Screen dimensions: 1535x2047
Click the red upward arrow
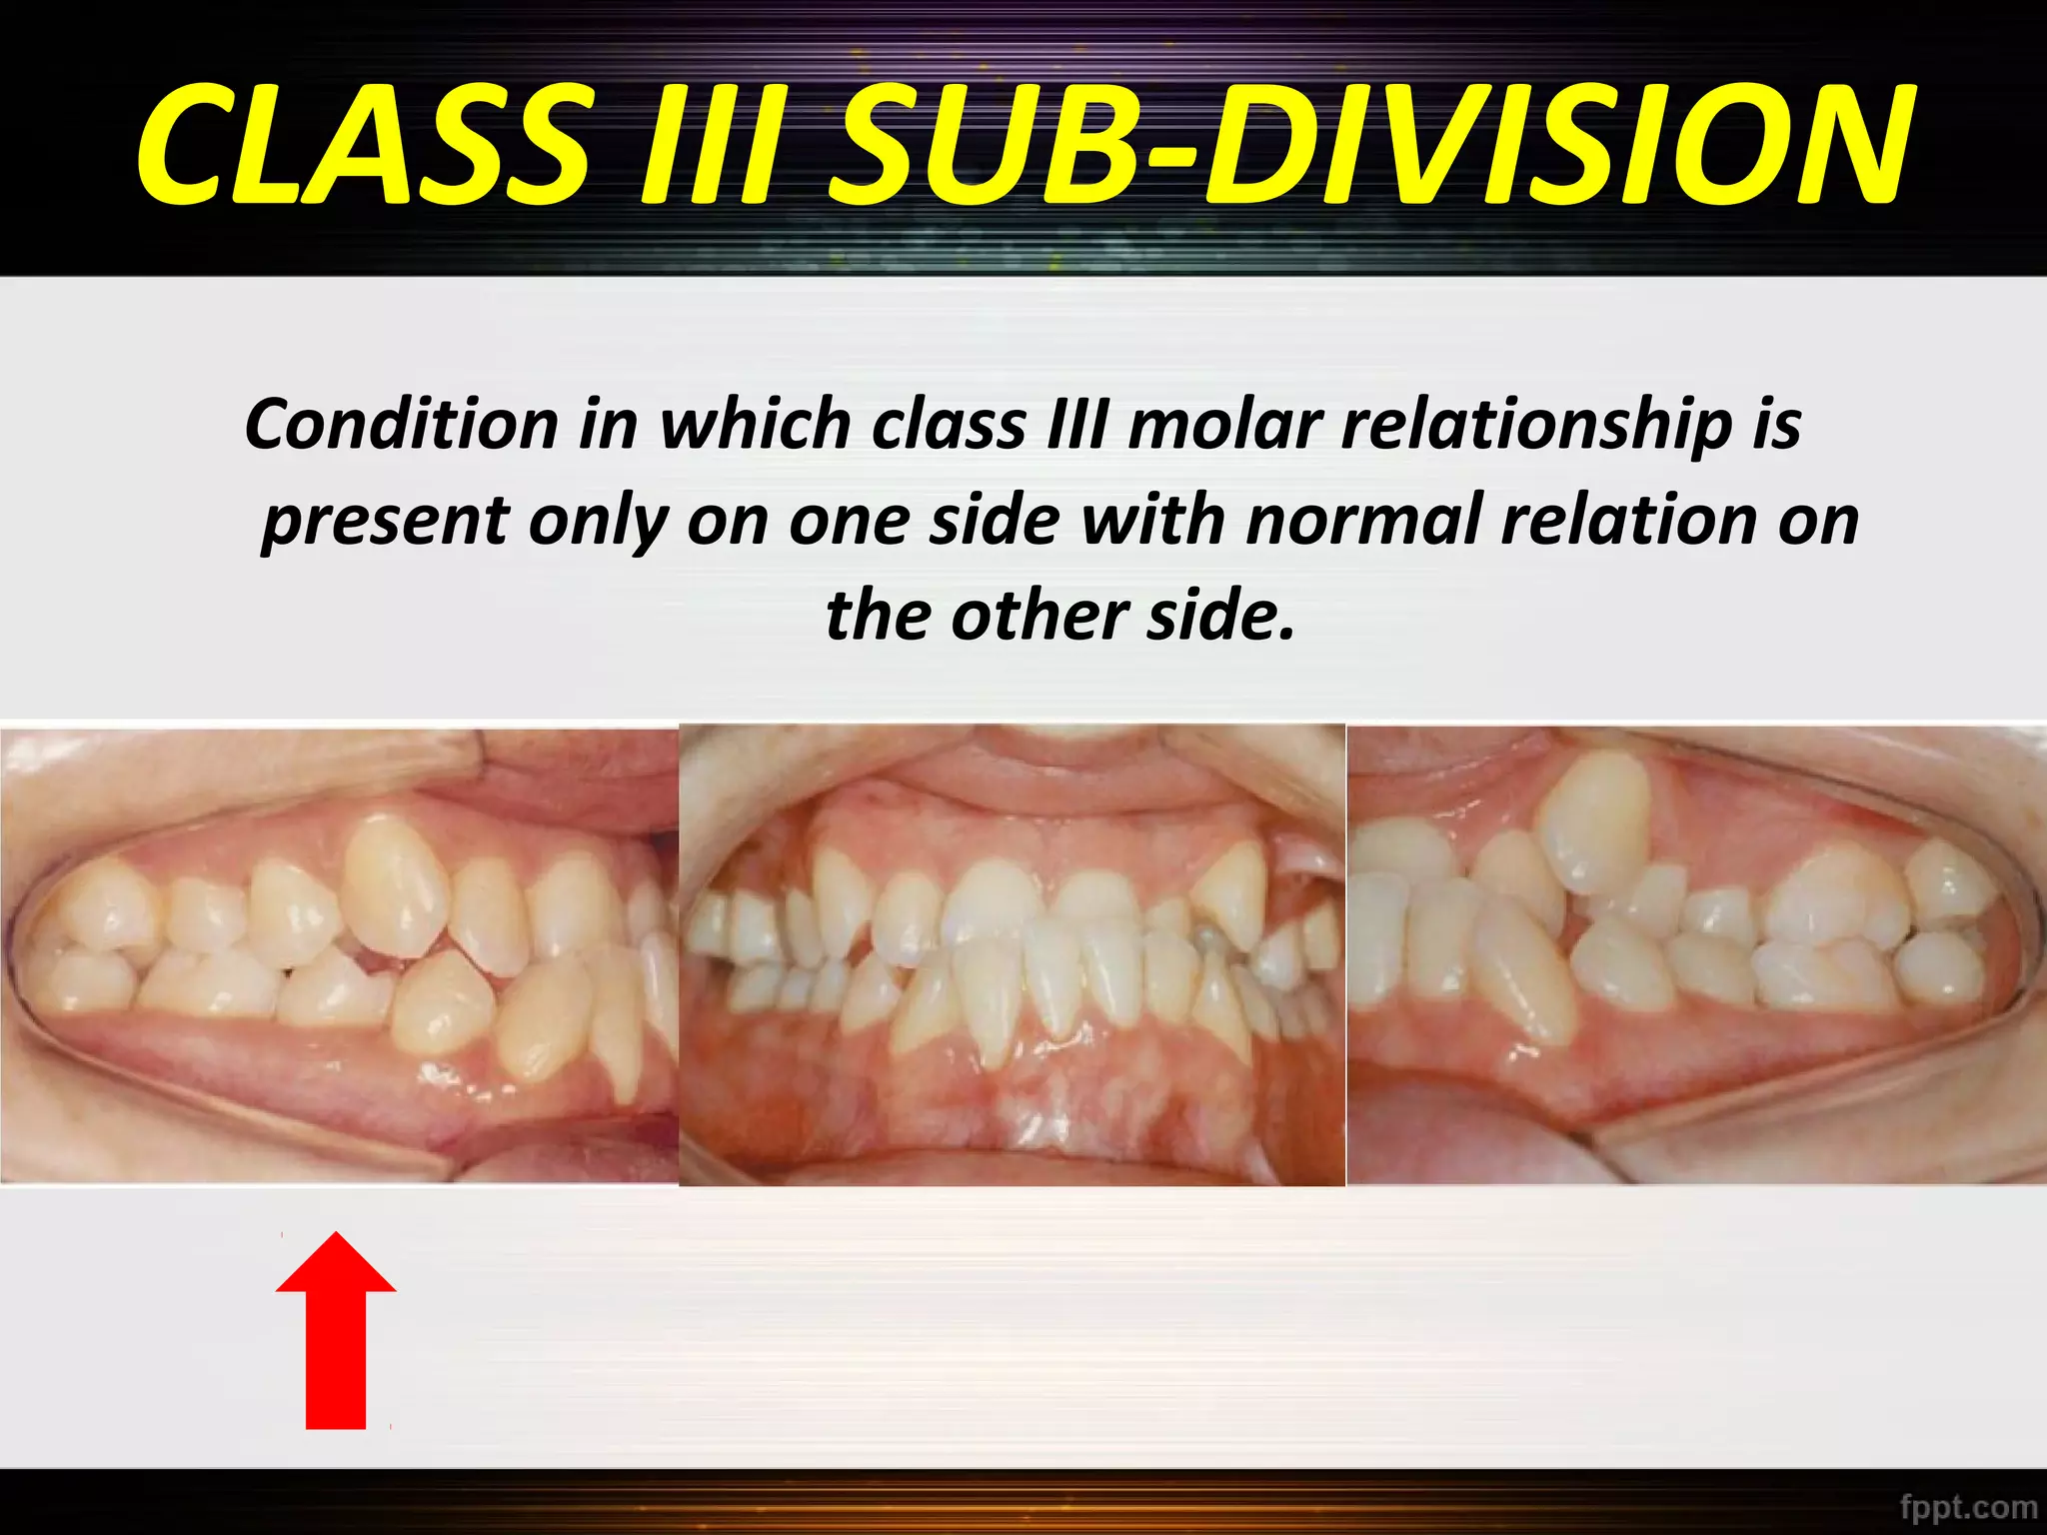336,1339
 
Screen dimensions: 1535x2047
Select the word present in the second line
386,523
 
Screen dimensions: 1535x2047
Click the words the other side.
1059,615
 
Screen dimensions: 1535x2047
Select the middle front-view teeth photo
1012,954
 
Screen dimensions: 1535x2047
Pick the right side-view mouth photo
1695,954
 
